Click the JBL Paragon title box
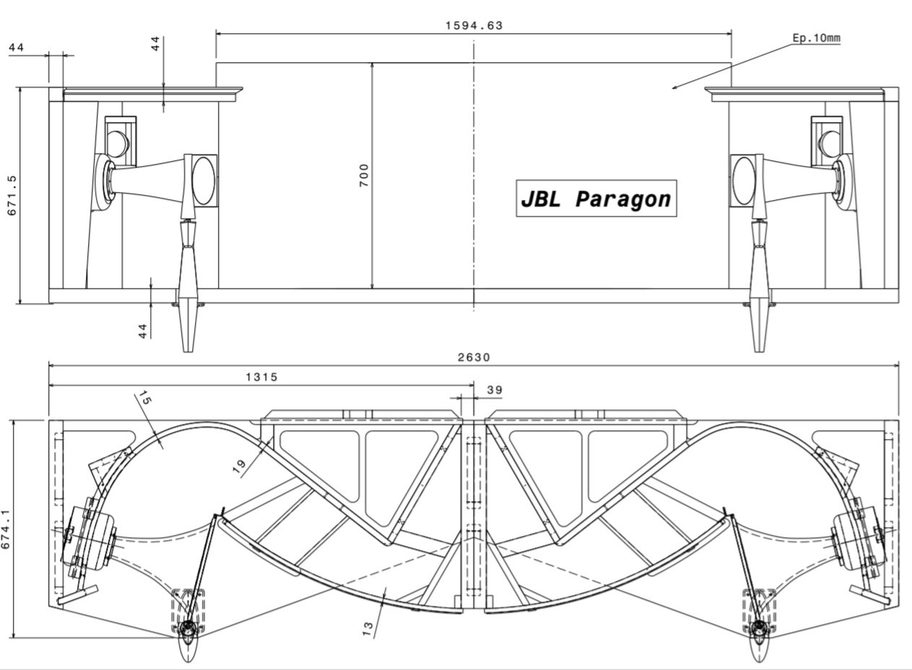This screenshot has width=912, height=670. pyautogui.click(x=596, y=199)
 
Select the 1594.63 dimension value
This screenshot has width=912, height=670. pyautogui.click(x=474, y=26)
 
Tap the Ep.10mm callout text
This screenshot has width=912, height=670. pyautogui.click(x=816, y=38)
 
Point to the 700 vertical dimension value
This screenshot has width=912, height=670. pyautogui.click(x=364, y=175)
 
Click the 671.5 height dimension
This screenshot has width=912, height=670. pyautogui.click(x=12, y=196)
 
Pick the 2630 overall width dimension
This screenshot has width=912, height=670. pyautogui.click(x=474, y=357)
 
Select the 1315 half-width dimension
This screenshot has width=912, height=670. pyautogui.click(x=262, y=377)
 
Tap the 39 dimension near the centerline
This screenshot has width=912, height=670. pyautogui.click(x=495, y=390)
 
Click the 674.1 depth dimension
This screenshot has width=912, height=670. pyautogui.click(x=6, y=529)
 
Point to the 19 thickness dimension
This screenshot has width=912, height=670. pyautogui.click(x=240, y=466)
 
